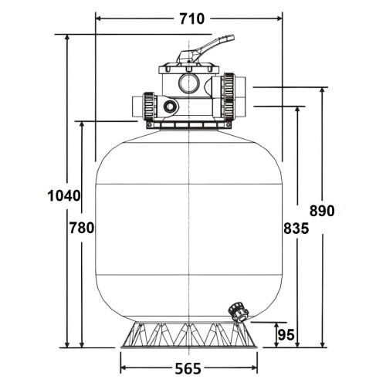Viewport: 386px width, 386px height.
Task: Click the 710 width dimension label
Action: point(191,19)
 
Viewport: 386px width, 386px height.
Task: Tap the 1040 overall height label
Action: point(64,196)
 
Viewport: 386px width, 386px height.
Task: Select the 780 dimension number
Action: point(82,228)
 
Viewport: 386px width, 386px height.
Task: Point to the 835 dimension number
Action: point(296,228)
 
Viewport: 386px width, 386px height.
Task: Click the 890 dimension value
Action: point(322,211)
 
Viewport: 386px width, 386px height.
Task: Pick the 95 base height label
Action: point(286,335)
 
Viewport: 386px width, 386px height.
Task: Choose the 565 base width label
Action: point(188,369)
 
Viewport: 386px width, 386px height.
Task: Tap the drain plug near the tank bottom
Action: point(239,312)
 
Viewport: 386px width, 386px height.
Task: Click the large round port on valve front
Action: point(189,83)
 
